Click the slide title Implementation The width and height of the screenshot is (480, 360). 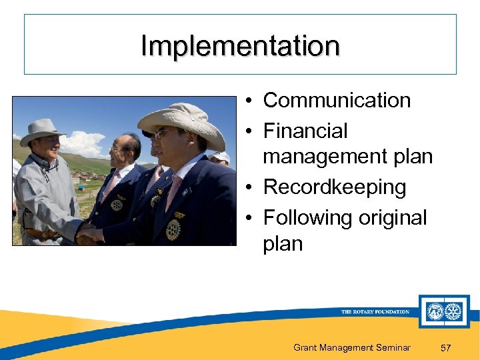pyautogui.click(x=240, y=46)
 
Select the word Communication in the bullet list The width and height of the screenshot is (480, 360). pyautogui.click(x=337, y=101)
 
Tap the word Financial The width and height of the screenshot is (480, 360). pyautogui.click(x=305, y=131)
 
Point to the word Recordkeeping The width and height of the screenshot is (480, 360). pyautogui.click(x=334, y=187)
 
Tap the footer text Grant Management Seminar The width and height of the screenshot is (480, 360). pyautogui.click(x=352, y=347)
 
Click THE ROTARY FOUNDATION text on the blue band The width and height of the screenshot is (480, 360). pyautogui.click(x=375, y=311)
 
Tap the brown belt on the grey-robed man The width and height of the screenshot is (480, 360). pyautogui.click(x=40, y=234)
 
